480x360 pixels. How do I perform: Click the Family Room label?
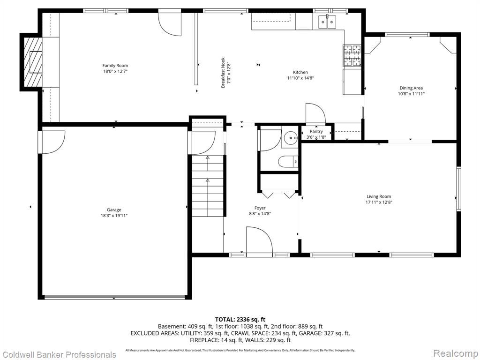point(115,66)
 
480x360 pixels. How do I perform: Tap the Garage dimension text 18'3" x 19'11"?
point(114,216)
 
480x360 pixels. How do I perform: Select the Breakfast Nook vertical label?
point(223,73)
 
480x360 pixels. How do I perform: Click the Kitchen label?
point(300,72)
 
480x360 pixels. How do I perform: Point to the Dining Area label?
point(411,88)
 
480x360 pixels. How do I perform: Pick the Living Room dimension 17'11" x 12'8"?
point(379,202)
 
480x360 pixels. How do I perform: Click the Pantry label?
point(316,132)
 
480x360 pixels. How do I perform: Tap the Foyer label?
point(260,208)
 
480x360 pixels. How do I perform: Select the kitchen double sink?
point(327,22)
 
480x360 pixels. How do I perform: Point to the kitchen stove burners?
point(352,55)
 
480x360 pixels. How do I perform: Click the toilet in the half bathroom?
point(288,162)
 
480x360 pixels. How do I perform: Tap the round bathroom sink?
point(290,138)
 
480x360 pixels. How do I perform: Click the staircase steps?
point(208,186)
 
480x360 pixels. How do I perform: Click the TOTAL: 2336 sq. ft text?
point(240,320)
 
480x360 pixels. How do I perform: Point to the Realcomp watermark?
point(456,353)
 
